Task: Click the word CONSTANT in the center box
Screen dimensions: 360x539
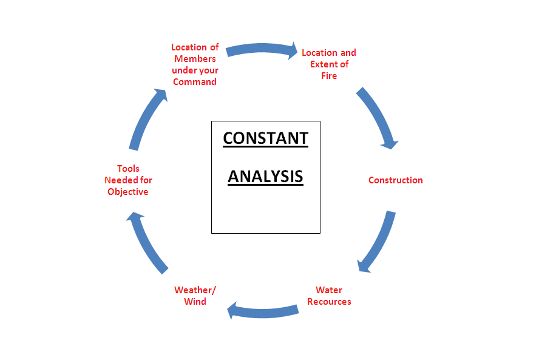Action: (265, 138)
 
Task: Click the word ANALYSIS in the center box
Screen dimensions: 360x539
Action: (265, 176)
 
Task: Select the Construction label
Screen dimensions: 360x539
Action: (395, 180)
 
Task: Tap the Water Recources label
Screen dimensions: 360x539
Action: (329, 296)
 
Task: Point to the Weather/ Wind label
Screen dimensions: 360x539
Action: (195, 296)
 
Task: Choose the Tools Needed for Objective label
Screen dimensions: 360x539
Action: (128, 180)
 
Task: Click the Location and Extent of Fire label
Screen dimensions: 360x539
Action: (328, 64)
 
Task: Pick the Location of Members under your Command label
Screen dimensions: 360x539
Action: (195, 64)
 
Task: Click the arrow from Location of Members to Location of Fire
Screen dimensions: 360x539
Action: (262, 49)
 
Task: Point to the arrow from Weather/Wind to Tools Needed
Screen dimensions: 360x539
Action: (148, 241)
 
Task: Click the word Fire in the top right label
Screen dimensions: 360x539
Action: (328, 76)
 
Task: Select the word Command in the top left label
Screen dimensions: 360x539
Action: (195, 82)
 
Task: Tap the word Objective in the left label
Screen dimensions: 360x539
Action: (128, 192)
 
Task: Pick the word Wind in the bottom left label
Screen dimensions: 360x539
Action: (195, 302)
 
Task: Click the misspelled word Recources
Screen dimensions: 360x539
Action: (329, 302)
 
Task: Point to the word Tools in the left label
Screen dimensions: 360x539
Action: (128, 169)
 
